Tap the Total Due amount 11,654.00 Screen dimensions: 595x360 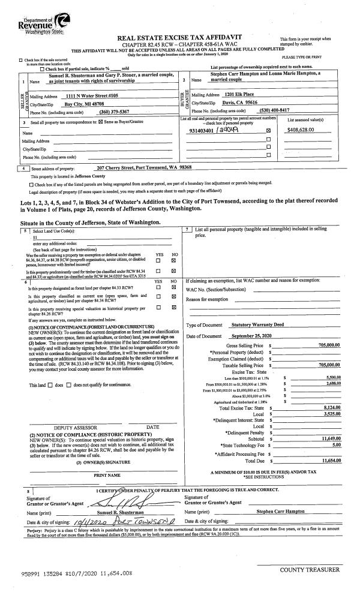coord(328,461)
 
